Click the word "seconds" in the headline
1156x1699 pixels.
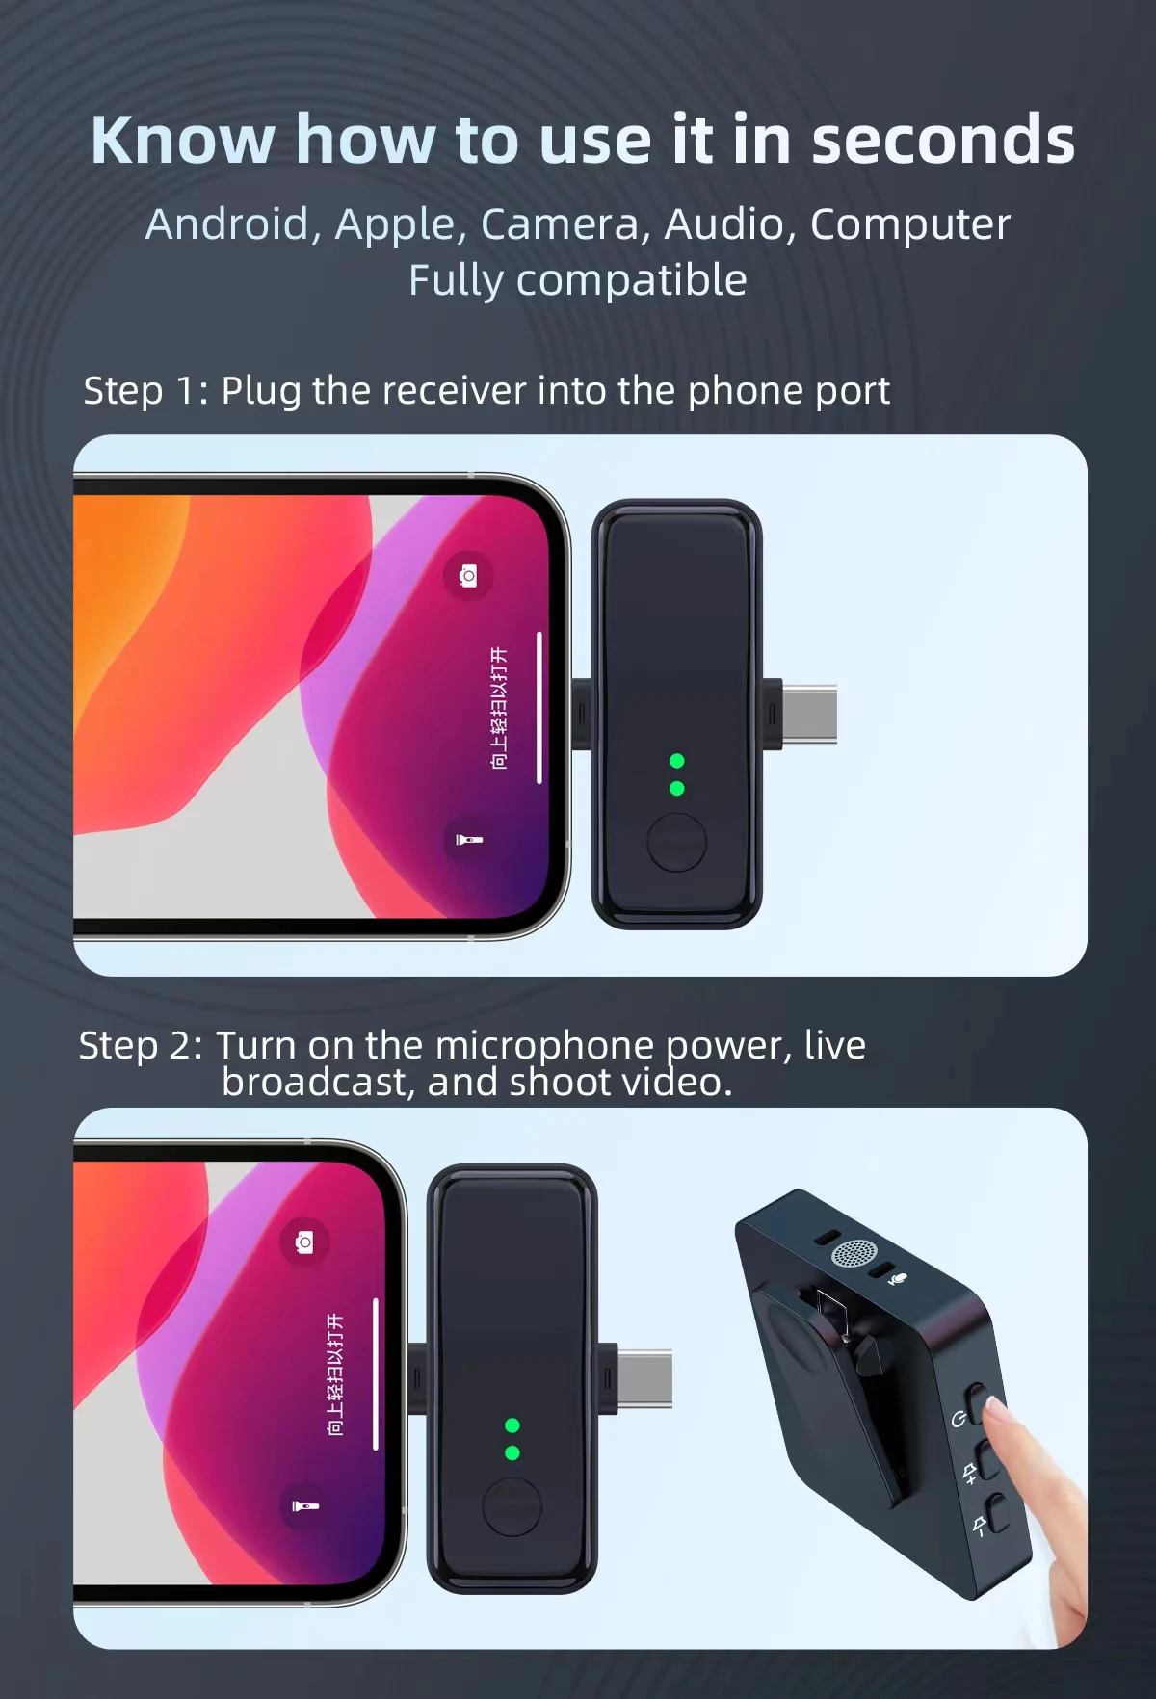point(942,141)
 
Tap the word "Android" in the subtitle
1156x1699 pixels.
point(227,224)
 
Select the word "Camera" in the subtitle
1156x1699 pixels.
point(559,224)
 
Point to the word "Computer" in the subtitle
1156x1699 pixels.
point(909,224)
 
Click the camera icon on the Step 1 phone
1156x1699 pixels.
point(468,576)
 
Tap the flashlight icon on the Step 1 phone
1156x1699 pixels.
point(469,840)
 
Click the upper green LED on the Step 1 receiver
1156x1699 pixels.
point(677,761)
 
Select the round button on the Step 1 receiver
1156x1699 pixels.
point(677,842)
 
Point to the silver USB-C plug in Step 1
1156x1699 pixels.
point(810,715)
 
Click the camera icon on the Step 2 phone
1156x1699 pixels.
point(304,1242)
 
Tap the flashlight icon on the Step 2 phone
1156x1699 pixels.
point(305,1505)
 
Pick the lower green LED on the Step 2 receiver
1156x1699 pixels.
point(512,1452)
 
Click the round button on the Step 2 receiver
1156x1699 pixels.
point(512,1507)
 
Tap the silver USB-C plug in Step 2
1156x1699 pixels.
point(646,1379)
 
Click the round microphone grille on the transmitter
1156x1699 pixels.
point(854,1253)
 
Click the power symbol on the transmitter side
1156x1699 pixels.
point(959,1419)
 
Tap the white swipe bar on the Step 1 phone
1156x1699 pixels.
point(539,708)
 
